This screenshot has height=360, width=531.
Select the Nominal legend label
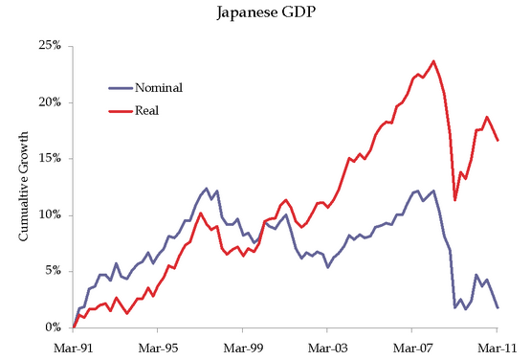[x=161, y=87]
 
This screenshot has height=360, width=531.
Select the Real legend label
[x=146, y=110]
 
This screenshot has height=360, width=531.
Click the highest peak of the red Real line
[x=433, y=61]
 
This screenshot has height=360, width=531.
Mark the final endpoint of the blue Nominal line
[x=497, y=307]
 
